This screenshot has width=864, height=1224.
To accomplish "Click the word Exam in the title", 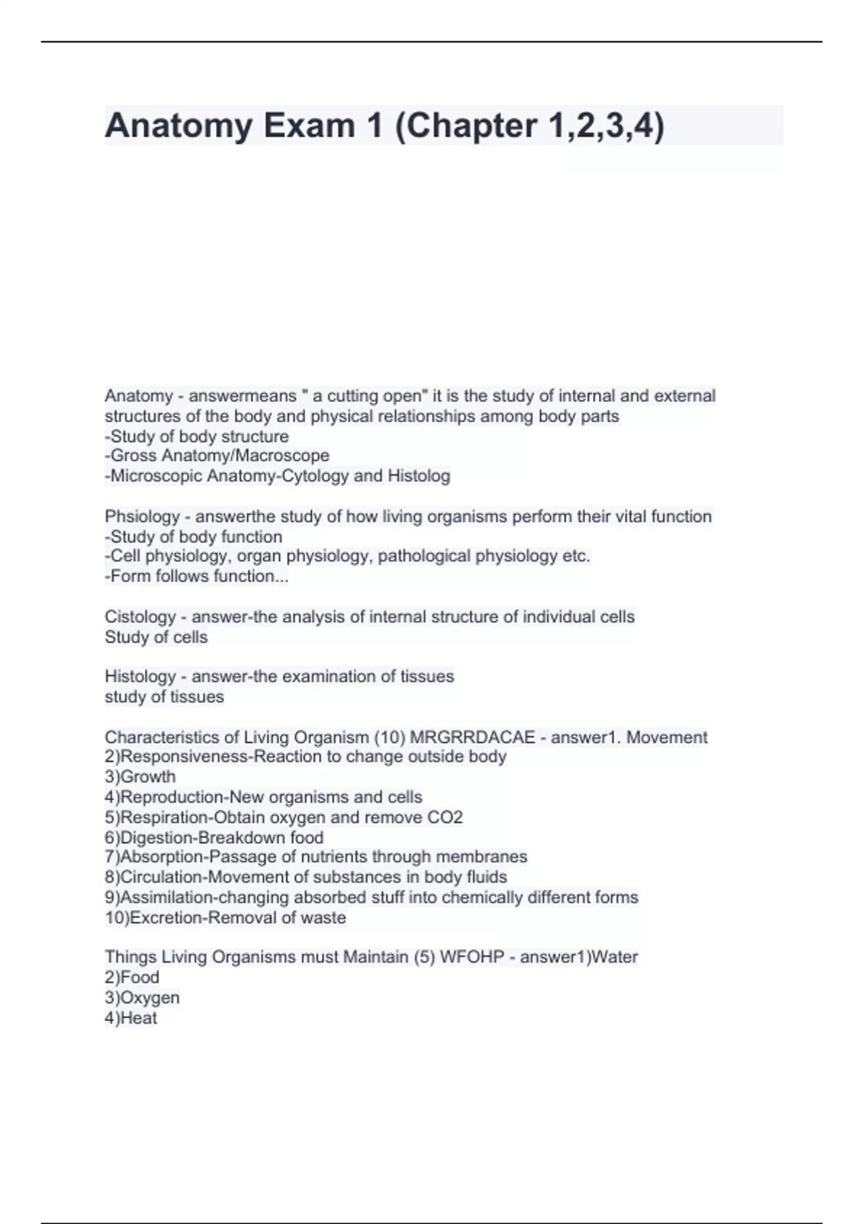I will (309, 126).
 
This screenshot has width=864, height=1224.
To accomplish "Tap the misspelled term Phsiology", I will (142, 517).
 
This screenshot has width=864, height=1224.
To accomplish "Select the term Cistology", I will (140, 617).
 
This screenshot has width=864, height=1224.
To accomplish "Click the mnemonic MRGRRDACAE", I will (472, 737).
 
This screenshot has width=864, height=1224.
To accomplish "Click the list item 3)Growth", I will (140, 777).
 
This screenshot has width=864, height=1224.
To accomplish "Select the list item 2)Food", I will (132, 978).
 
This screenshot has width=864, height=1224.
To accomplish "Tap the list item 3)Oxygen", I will (142, 998).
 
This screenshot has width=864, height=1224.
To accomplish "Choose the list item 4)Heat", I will (130, 1018).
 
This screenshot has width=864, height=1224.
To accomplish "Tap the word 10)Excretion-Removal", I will (190, 918).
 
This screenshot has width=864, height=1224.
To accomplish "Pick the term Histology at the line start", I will (140, 677).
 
